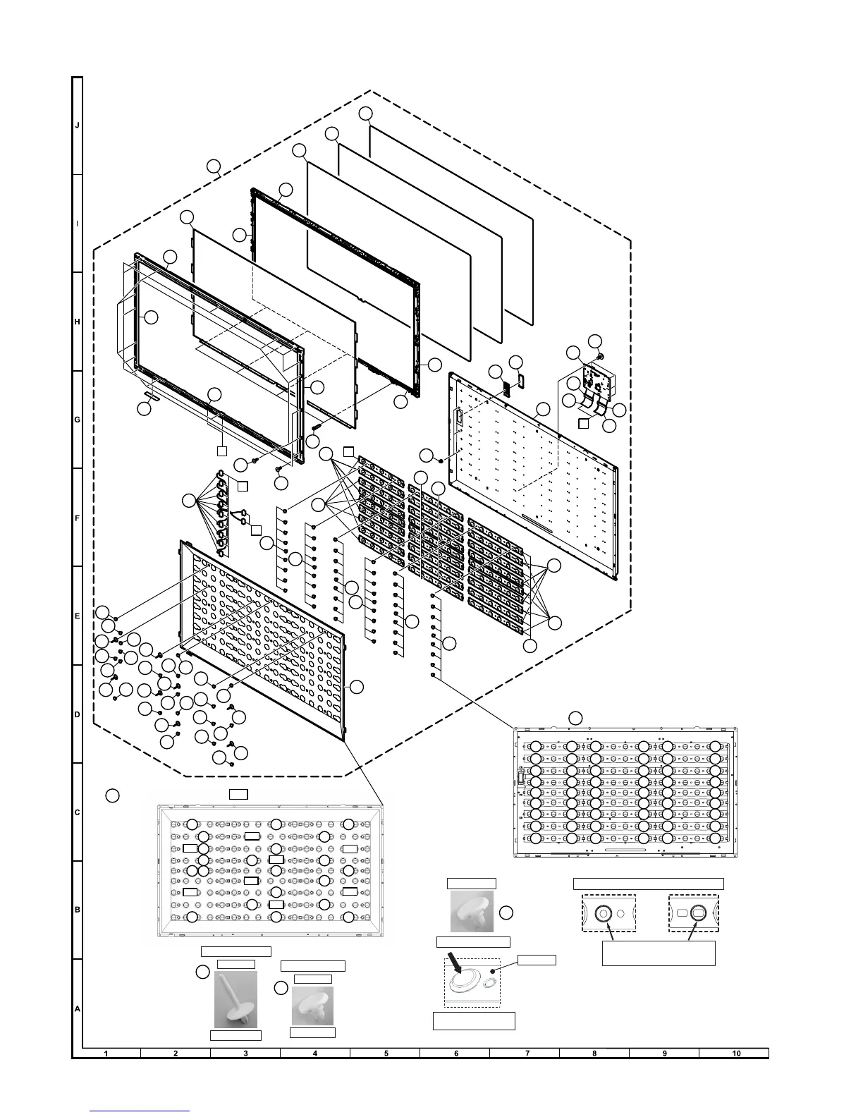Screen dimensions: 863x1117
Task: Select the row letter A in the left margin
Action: pyautogui.click(x=78, y=1009)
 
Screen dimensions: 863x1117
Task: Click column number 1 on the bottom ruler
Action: pyautogui.click(x=106, y=1054)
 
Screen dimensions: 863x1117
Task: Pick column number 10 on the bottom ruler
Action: pyautogui.click(x=736, y=1054)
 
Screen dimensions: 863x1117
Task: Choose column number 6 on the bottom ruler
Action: pyautogui.click(x=456, y=1054)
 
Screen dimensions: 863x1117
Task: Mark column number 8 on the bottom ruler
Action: pyautogui.click(x=594, y=1054)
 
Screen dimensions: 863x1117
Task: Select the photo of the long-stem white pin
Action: pyautogui.click(x=235, y=999)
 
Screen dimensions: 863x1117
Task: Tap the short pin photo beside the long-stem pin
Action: pyautogui.click(x=312, y=1006)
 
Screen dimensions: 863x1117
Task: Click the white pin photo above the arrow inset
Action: pyautogui.click(x=472, y=912)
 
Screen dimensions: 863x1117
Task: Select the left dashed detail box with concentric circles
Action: pyautogui.click(x=608, y=914)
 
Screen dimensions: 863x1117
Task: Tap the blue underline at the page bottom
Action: pyautogui.click(x=141, y=1110)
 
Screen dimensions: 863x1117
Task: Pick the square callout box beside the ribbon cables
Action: pyautogui.click(x=583, y=423)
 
